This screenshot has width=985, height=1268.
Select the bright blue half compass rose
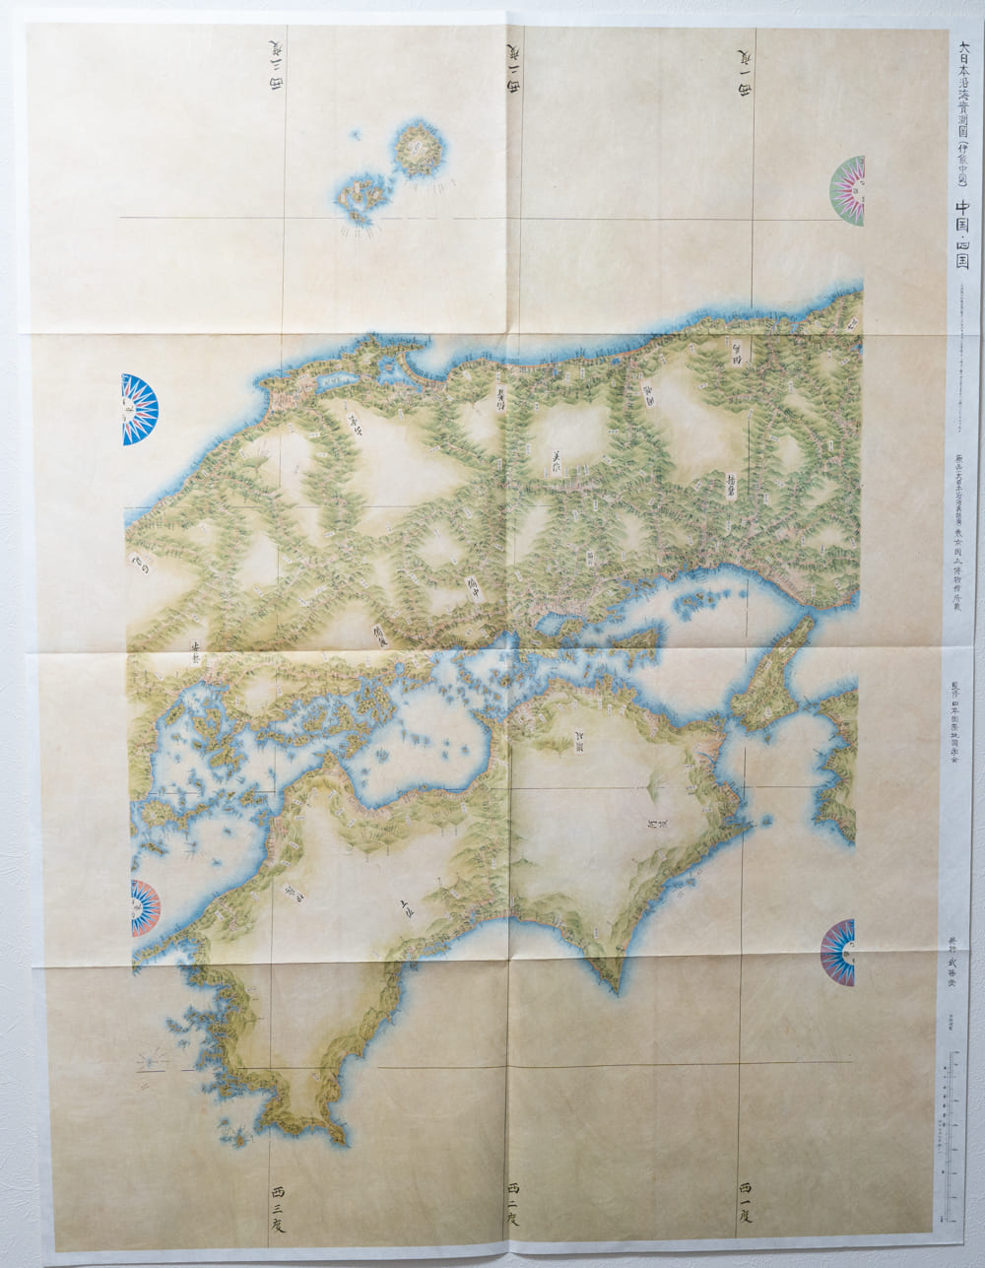(140, 409)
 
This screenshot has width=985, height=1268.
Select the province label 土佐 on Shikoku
(405, 906)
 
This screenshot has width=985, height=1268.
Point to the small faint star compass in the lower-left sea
(153, 1061)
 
